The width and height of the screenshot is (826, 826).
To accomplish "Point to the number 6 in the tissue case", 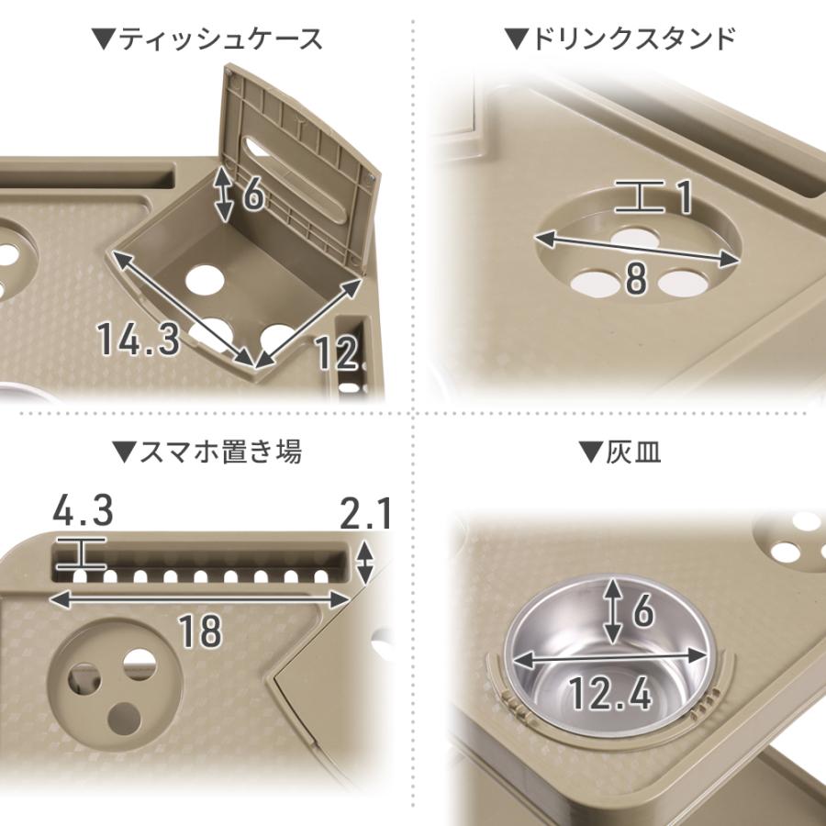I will tap(254, 194).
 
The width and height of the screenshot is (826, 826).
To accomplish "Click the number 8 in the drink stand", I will tap(635, 279).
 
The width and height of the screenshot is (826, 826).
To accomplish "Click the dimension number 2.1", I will tap(365, 514).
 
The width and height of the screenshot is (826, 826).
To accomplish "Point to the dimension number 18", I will tap(200, 631).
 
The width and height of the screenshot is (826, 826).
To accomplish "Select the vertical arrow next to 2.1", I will tap(366, 563).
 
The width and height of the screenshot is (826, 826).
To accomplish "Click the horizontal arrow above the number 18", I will tap(200, 597).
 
